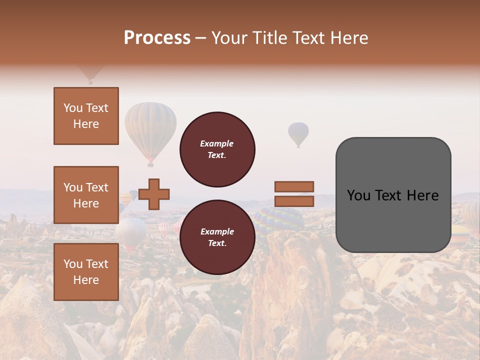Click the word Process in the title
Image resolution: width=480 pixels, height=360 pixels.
coord(157,38)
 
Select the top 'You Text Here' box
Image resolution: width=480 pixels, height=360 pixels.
coord(86,116)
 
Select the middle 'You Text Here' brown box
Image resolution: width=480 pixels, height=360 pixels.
coord(86,195)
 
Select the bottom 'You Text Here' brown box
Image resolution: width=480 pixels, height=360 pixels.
coord(86,271)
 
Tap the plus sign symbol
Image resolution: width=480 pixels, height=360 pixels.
coord(154,194)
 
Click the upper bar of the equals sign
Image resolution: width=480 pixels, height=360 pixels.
coord(294,186)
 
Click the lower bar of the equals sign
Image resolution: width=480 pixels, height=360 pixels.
coord(294,201)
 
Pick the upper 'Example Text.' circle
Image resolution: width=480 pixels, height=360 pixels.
coord(217,149)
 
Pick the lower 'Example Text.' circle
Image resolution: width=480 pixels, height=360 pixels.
coord(217,237)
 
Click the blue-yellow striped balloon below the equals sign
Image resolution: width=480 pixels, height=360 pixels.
coord(280,220)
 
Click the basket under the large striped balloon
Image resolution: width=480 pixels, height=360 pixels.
coord(150,164)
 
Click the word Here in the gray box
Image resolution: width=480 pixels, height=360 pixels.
coord(422,195)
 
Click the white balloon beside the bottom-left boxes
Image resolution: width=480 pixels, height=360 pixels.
coord(131,231)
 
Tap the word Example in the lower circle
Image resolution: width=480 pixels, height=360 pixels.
coord(217,231)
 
